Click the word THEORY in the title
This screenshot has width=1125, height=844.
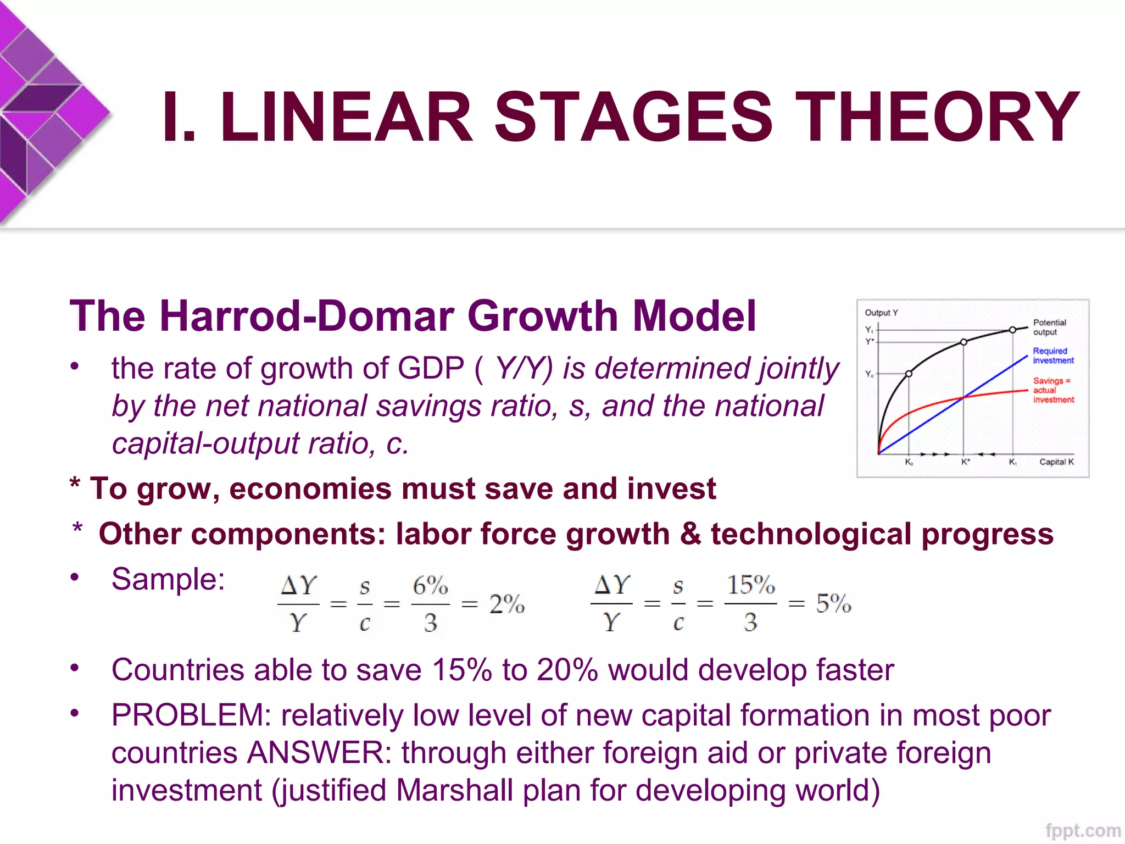click(936, 116)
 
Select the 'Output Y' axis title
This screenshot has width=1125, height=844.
click(881, 313)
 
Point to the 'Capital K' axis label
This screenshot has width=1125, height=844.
click(1056, 462)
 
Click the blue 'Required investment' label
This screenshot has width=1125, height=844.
click(1052, 356)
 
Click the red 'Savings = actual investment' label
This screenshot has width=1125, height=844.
click(1052, 390)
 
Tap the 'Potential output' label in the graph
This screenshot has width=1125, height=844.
click(1049, 327)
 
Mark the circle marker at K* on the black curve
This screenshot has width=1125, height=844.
click(964, 342)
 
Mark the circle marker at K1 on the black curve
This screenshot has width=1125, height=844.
click(1012, 330)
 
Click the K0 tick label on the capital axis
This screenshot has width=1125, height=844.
click(909, 463)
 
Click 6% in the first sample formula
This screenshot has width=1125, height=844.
click(430, 586)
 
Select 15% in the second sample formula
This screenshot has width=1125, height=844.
click(750, 585)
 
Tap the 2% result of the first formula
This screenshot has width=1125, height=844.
click(506, 604)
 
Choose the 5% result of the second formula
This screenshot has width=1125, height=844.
click(833, 603)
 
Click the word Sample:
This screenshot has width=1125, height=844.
click(168, 579)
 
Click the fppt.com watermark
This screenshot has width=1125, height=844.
click(1082, 830)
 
